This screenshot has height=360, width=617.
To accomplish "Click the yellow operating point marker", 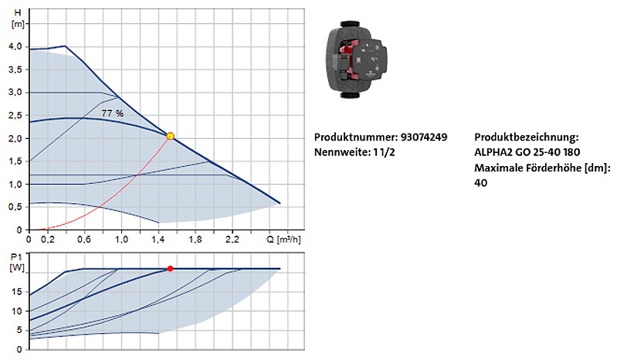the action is (171, 136).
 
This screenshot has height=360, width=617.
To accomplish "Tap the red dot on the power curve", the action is (170, 269).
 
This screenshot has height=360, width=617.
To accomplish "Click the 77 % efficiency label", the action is (112, 114).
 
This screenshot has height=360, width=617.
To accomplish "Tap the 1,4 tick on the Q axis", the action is (158, 239).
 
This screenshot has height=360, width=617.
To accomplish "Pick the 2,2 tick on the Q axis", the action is (232, 239).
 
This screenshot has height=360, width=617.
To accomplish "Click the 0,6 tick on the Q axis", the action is (84, 239).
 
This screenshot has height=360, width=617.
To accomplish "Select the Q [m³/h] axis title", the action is (283, 239).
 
